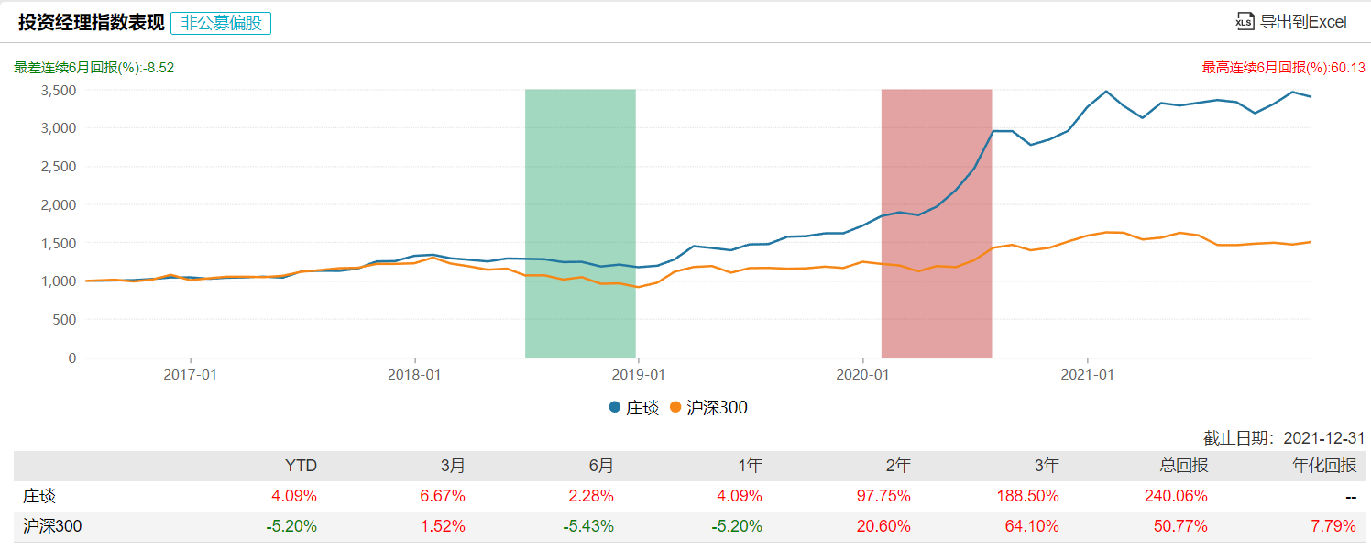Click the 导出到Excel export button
coord(1291,22)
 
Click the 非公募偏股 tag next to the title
coord(221,23)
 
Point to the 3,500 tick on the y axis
coord(59,91)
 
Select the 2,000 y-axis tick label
coord(59,205)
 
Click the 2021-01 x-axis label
coord(1086,374)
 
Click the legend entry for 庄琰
coord(633,408)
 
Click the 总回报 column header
coord(1185,466)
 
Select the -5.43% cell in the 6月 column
coord(587,526)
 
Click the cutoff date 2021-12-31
coord(1324,438)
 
